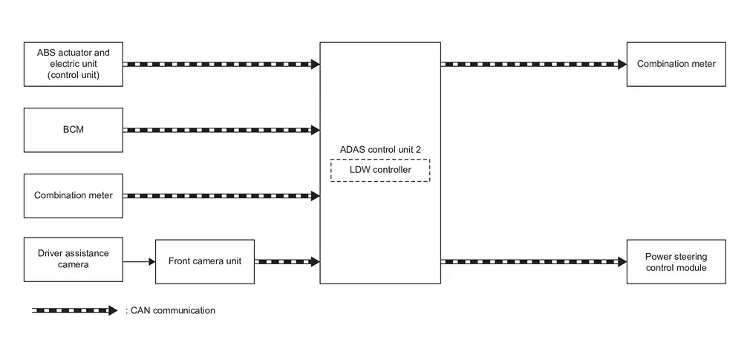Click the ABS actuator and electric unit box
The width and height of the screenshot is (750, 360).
pos(73,64)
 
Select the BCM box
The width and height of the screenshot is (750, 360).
pos(73,130)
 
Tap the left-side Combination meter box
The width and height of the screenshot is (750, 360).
pos(73,196)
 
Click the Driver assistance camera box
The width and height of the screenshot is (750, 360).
pos(73,260)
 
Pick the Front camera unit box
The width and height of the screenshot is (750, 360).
pos(204,261)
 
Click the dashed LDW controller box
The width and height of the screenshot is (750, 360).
pos(379,171)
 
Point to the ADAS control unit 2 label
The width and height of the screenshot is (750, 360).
pos(379,150)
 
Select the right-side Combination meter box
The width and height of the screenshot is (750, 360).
pos(676,64)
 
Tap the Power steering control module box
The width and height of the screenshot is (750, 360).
pos(676,261)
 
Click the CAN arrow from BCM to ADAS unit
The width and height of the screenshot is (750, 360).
pos(221,130)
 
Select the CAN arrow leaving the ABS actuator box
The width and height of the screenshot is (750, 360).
pos(221,65)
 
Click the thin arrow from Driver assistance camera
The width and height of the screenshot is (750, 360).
pos(139,261)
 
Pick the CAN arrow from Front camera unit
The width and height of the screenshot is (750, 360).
pos(287,261)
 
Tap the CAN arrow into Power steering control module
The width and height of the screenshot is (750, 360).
pos(533,261)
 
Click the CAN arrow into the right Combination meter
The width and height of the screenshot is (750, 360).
pos(533,65)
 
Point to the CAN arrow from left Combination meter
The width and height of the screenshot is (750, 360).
pos(221,196)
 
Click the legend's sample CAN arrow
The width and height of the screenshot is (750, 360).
pos(74,310)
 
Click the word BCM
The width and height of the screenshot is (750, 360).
pos(73,130)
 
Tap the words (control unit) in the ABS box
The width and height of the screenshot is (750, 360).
pos(73,75)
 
